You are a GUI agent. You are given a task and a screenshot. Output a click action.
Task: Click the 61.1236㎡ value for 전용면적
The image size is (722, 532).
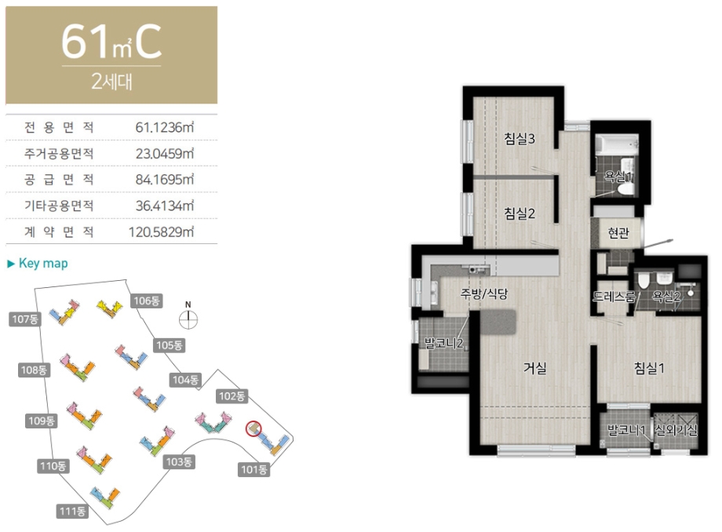(164, 127)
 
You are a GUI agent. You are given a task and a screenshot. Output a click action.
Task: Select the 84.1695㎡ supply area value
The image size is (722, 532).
(164, 180)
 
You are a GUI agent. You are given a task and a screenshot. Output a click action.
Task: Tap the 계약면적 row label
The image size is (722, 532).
(59, 231)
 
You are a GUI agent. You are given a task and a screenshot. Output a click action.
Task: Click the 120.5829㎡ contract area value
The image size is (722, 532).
(161, 231)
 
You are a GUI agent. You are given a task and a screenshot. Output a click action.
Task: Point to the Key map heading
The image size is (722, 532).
(38, 263)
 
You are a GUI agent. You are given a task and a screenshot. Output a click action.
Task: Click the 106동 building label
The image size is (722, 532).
(147, 301)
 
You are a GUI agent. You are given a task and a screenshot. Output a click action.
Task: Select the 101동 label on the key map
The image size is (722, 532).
(253, 469)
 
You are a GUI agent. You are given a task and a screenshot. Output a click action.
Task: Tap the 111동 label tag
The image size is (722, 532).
(72, 511)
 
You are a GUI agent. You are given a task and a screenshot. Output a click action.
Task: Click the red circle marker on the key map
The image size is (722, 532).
(253, 428)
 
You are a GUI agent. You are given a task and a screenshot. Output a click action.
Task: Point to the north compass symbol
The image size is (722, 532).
(188, 317)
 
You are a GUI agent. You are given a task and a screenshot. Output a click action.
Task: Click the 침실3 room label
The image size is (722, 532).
(520, 139)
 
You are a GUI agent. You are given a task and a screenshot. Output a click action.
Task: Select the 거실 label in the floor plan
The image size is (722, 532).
(534, 368)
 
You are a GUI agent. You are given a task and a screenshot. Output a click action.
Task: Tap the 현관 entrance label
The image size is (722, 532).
(618, 233)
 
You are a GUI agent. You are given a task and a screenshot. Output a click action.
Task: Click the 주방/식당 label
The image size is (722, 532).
(484, 293)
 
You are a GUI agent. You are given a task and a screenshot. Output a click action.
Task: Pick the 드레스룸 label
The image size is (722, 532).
(614, 297)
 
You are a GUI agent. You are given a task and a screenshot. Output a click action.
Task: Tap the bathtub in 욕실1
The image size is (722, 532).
(617, 144)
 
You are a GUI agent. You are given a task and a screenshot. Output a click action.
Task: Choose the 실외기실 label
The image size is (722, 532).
(676, 430)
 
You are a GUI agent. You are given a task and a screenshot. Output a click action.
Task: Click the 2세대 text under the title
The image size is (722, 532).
(111, 82)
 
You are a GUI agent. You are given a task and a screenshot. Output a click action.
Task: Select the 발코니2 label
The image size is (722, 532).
(443, 343)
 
